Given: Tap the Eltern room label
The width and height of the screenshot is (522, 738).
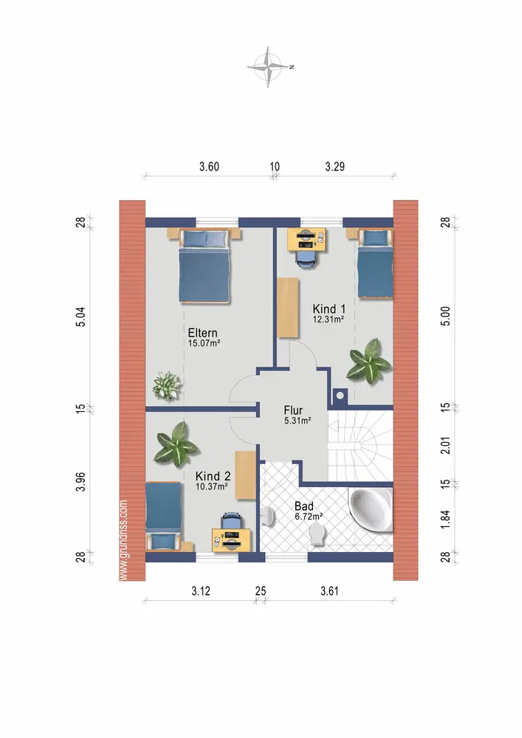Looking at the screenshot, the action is pyautogui.click(x=203, y=332).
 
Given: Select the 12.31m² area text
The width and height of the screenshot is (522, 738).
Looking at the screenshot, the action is pyautogui.click(x=328, y=319).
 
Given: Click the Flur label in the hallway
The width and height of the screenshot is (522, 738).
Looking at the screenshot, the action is pyautogui.click(x=293, y=410).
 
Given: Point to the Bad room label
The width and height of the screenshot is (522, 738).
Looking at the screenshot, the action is pyautogui.click(x=304, y=506).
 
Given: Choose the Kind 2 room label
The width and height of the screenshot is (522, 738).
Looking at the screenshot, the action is pyautogui.click(x=213, y=476).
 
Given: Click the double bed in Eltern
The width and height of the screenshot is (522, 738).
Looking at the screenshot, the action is pyautogui.click(x=205, y=266).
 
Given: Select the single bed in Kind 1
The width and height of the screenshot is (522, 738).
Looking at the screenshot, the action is pyautogui.click(x=375, y=263).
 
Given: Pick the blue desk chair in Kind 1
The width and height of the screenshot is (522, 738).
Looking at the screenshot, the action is pyautogui.click(x=306, y=258).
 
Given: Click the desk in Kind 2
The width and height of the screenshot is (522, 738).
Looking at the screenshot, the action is pyautogui.click(x=230, y=540).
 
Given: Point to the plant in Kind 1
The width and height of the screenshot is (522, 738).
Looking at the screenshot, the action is pyautogui.click(x=368, y=361).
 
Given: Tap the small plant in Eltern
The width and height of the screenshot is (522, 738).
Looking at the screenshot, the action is pyautogui.click(x=166, y=386).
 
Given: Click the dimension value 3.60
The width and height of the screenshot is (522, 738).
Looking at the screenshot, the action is pyautogui.click(x=209, y=167).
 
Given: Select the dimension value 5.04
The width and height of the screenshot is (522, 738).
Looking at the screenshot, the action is pyautogui.click(x=81, y=317).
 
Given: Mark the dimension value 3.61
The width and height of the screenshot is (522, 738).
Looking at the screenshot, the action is pyautogui.click(x=329, y=591).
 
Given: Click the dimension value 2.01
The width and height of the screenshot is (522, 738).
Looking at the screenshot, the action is pyautogui.click(x=445, y=445).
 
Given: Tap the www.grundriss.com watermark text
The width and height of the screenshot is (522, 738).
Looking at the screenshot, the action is pyautogui.click(x=124, y=540).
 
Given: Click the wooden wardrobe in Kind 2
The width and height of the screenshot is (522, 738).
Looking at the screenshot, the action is pyautogui.click(x=245, y=475).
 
